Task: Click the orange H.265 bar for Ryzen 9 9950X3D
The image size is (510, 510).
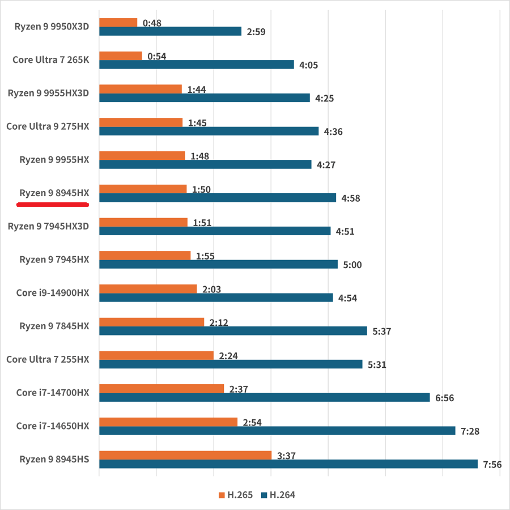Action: [118, 23]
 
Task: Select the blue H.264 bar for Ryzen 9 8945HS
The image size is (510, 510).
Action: [288, 464]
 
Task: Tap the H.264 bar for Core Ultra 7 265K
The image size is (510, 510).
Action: [196, 65]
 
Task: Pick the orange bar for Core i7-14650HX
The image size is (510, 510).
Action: [168, 422]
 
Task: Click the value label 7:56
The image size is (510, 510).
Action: [492, 465]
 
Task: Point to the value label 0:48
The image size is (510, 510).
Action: [152, 23]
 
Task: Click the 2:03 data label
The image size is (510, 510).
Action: [211, 290]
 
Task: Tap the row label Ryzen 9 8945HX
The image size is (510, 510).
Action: [54, 193]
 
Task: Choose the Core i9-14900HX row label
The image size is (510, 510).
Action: [53, 292]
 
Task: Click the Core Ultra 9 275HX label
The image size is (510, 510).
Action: [48, 126]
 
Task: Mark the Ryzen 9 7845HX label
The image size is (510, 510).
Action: [54, 326]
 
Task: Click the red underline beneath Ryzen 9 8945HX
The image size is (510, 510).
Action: [53, 204]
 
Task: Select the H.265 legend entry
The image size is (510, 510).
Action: [236, 495]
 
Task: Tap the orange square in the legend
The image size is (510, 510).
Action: [222, 495]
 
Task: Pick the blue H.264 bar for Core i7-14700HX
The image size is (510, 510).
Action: [264, 397]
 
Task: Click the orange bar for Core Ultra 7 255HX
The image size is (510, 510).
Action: [156, 355]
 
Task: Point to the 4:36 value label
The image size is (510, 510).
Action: [333, 131]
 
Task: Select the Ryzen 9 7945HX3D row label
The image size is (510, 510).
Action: [49, 226]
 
